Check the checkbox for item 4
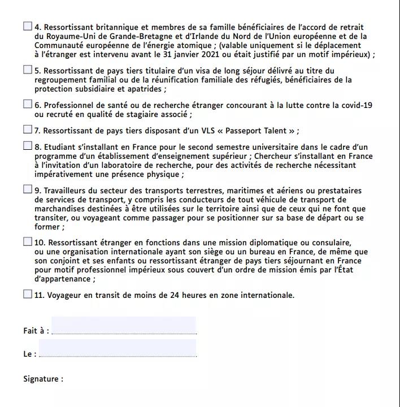[28, 26]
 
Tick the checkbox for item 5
[28, 70]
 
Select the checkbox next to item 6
[28, 104]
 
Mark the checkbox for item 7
[28, 129]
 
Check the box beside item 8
[28, 146]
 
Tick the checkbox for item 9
[28, 189]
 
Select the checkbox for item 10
[28, 241]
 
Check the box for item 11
[28, 294]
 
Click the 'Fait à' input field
[124, 326]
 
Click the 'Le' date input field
[118, 349]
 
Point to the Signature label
[44, 379]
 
